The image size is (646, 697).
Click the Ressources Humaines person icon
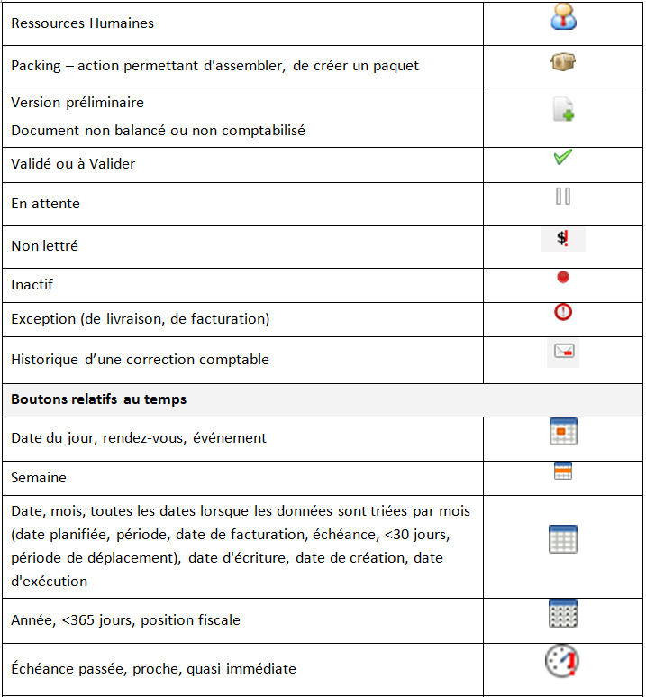563,18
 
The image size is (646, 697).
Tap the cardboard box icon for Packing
563,62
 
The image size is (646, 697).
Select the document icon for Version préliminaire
563,111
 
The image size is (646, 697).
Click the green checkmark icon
563,157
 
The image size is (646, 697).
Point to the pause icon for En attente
563,196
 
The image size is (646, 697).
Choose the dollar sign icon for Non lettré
563,239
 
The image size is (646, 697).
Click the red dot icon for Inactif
563,278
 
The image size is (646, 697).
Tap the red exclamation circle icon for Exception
563,312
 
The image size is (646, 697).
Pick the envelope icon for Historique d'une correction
563,353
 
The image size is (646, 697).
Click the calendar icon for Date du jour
563,431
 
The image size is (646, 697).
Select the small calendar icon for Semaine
563,471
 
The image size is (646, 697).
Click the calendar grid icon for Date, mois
563,539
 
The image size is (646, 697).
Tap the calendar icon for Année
563,613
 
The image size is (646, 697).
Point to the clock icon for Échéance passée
562,662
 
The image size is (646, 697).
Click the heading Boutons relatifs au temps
98,399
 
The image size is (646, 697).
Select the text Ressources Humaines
82,23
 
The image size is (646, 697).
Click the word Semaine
39,477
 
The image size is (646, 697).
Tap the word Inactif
32,285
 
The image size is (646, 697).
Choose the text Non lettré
44,245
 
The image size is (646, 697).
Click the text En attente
45,204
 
